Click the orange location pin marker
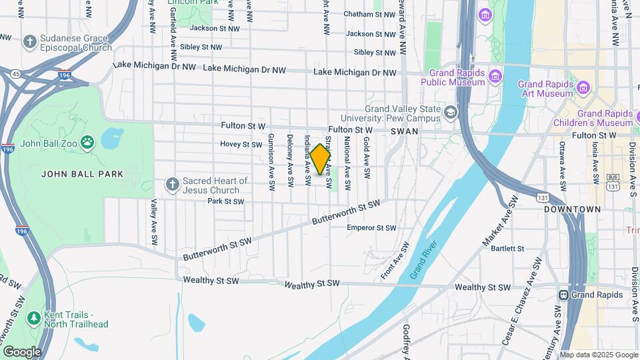tap(321, 159)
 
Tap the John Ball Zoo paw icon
tap(87, 141)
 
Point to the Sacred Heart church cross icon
tap(172, 185)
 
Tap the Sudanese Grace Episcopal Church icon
tap(29, 43)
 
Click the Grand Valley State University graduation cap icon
tap(451, 113)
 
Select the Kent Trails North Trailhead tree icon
tap(33, 319)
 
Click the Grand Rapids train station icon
tap(564, 295)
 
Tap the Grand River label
tap(424, 259)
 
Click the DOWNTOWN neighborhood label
tap(572, 209)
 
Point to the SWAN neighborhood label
tap(404, 132)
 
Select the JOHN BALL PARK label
tap(83, 174)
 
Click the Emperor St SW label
tap(371, 227)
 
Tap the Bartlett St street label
tap(507, 249)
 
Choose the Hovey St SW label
tap(241, 144)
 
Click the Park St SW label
tap(225, 201)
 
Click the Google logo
tap(22, 351)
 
